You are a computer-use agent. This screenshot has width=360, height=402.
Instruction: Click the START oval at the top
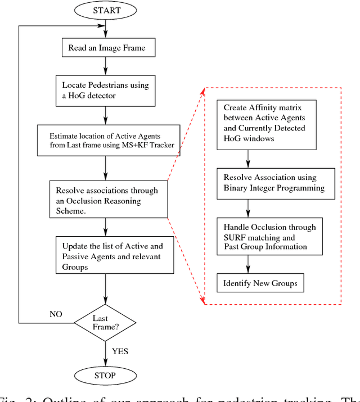(106, 10)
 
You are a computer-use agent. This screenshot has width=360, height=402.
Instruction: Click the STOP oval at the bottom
(105, 375)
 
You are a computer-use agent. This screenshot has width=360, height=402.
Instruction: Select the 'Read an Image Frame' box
(106, 48)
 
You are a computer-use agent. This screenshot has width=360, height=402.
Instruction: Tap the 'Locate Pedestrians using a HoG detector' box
(106, 91)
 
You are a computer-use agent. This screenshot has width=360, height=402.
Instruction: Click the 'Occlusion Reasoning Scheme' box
(108, 199)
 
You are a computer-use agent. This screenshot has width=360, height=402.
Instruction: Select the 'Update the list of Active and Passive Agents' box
(115, 255)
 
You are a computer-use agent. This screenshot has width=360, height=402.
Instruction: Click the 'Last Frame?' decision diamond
(105, 323)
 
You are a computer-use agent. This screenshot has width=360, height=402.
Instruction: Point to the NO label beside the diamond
(56, 314)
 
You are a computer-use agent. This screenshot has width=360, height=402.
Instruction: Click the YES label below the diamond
(120, 351)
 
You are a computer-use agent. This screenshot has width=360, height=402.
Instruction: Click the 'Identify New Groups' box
(260, 283)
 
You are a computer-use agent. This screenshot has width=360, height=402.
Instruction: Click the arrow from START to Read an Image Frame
(106, 29)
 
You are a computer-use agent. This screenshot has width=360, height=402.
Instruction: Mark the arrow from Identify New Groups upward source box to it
(248, 264)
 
